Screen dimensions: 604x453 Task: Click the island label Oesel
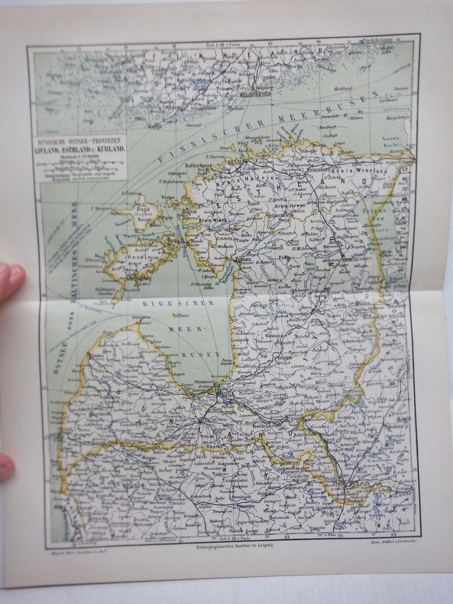[x=133, y=255]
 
